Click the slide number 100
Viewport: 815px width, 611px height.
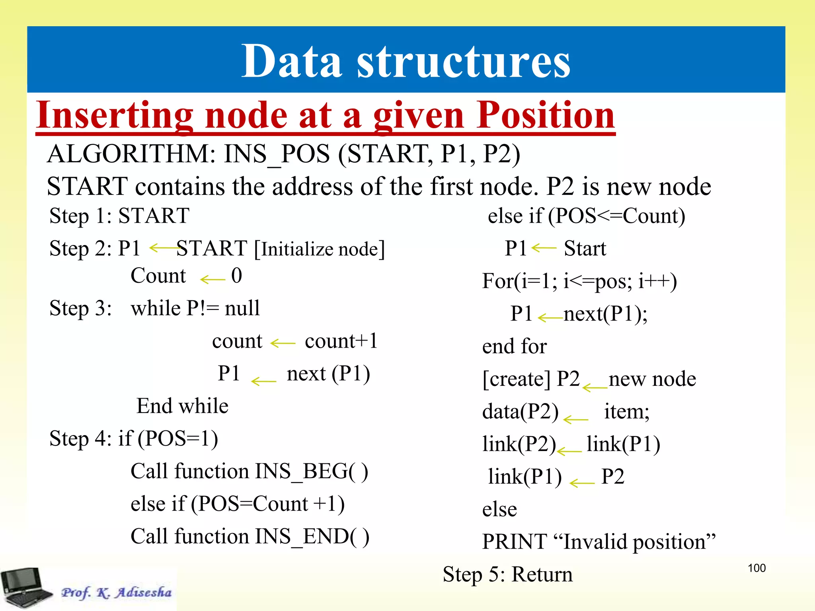(x=757, y=568)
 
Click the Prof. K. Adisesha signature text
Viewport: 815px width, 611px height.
(x=116, y=592)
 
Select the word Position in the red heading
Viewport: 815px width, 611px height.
(x=546, y=115)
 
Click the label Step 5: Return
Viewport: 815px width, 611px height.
(x=507, y=574)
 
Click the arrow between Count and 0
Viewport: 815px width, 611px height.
(x=213, y=279)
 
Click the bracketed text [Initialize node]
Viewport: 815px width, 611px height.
(x=320, y=249)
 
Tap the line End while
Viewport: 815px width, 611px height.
(x=182, y=406)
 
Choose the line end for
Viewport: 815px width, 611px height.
(x=514, y=346)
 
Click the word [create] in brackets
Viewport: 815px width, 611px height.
(x=516, y=379)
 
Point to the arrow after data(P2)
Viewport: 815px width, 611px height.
(x=575, y=419)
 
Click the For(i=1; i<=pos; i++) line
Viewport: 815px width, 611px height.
(x=579, y=281)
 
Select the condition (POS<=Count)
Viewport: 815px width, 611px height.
(x=616, y=216)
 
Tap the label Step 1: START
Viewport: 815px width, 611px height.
(x=119, y=216)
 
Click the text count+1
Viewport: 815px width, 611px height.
(x=341, y=341)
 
